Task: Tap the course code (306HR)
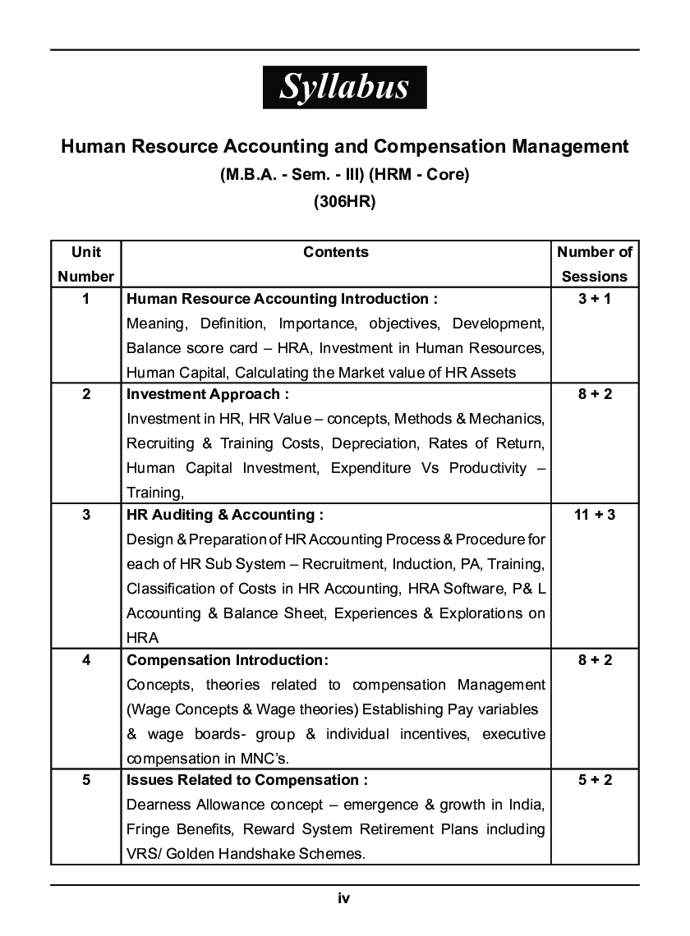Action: (x=344, y=202)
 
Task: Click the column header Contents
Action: (x=336, y=252)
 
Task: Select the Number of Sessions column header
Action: (x=595, y=264)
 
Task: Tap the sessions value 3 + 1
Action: (x=595, y=299)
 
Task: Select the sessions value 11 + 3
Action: (x=595, y=515)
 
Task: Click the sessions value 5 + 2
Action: (x=595, y=780)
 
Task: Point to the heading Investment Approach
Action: (x=207, y=394)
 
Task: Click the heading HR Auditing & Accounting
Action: (x=224, y=515)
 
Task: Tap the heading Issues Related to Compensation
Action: (x=246, y=780)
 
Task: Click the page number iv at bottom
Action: (x=344, y=898)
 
